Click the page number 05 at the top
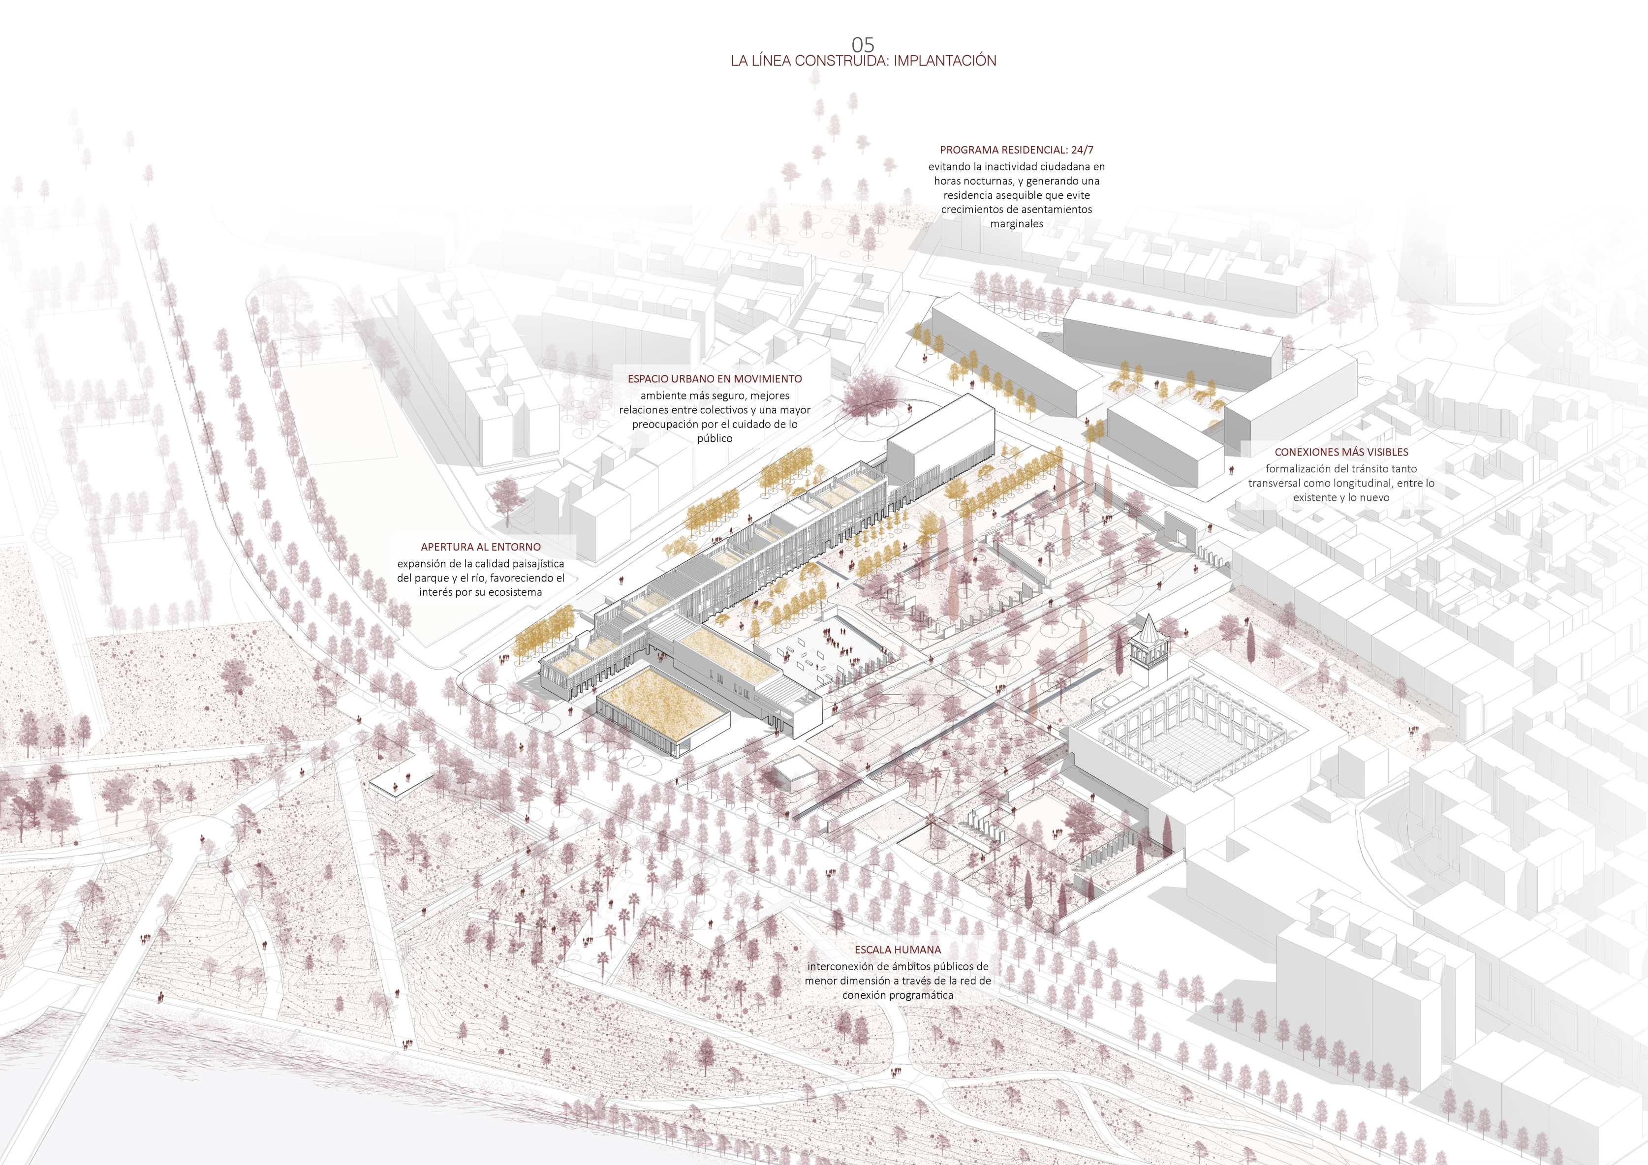tap(864, 44)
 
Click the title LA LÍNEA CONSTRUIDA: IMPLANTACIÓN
tap(864, 61)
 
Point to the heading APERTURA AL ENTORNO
tap(480, 547)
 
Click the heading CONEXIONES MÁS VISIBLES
tap(1341, 452)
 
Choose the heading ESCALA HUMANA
tap(897, 950)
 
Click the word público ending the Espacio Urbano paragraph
tap(715, 438)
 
